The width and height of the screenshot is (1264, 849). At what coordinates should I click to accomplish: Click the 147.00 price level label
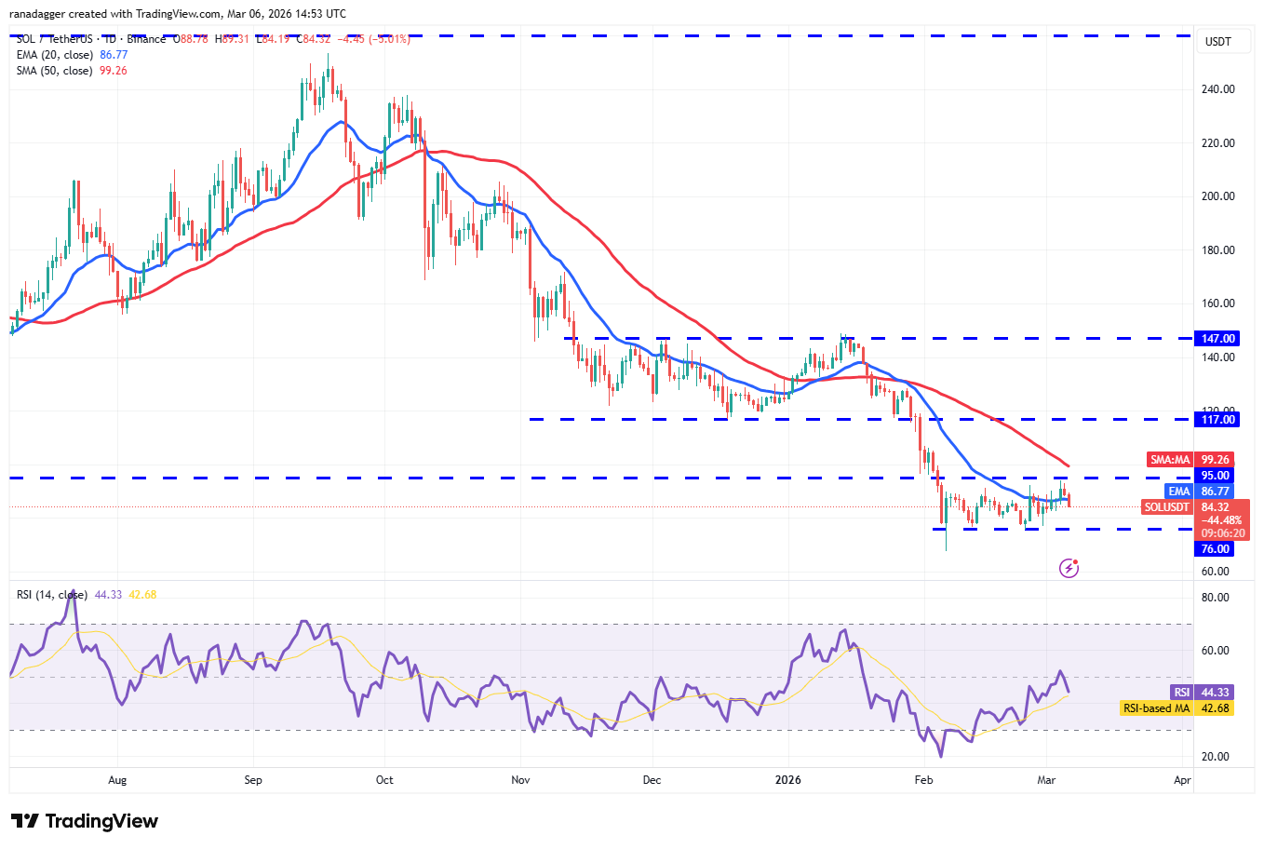(x=1217, y=339)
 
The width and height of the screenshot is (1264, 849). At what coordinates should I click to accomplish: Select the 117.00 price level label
(x=1217, y=420)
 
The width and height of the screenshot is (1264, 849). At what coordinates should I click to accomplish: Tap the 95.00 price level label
(x=1216, y=476)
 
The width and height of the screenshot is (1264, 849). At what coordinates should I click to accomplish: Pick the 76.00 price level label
(x=1216, y=549)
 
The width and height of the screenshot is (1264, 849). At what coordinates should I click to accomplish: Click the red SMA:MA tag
(x=1170, y=460)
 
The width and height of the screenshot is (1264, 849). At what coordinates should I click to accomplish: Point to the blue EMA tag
(x=1178, y=492)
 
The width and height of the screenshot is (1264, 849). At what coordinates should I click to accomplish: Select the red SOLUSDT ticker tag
(x=1167, y=507)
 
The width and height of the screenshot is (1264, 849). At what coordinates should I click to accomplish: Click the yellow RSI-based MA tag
(x=1156, y=708)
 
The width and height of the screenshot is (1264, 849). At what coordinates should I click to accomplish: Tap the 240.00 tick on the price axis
(x=1217, y=89)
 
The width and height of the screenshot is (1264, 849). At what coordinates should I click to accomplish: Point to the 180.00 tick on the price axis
(x=1217, y=250)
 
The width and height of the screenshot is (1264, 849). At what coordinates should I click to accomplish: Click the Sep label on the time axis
(x=253, y=780)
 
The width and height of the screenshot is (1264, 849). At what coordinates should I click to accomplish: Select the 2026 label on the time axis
(x=788, y=780)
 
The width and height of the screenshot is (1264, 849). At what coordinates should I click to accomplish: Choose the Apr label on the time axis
(x=1182, y=780)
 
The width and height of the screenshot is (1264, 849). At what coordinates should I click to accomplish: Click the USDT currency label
(x=1217, y=42)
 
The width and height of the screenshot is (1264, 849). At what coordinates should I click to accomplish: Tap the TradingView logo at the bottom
(x=85, y=821)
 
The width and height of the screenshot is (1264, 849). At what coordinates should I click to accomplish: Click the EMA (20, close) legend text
(x=54, y=55)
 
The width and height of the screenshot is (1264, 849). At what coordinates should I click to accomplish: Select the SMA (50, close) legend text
(x=54, y=71)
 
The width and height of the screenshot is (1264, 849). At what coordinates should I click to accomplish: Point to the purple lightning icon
(x=1069, y=568)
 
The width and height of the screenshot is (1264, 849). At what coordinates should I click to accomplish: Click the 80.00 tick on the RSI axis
(x=1216, y=598)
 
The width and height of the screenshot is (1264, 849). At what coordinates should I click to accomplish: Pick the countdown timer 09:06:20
(x=1221, y=534)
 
